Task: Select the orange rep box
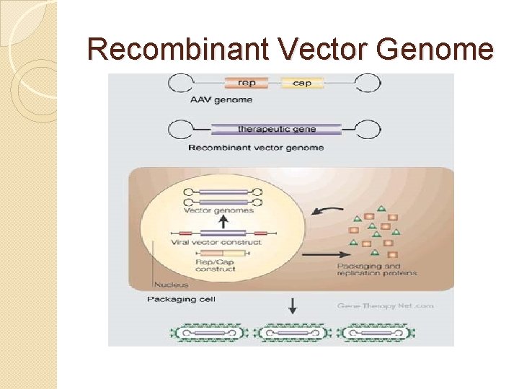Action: tap(247, 83)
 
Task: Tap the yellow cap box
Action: tap(302, 83)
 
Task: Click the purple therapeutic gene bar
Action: tap(277, 130)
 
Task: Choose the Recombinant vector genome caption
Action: tap(255, 148)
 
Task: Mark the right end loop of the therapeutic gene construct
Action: tap(369, 130)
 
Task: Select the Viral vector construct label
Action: tap(216, 243)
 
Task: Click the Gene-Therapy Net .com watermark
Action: tap(385, 305)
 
